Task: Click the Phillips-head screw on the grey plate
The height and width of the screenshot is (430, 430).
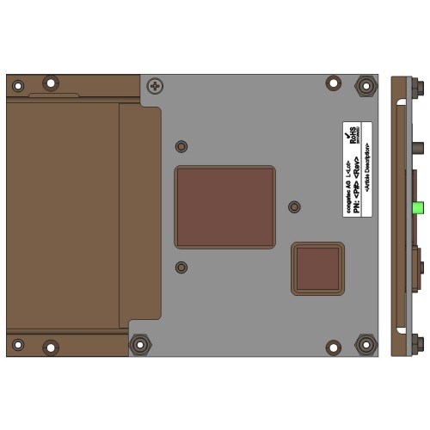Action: [155, 86]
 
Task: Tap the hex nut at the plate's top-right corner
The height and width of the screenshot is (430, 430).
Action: [365, 86]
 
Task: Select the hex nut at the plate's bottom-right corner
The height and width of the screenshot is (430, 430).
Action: [365, 346]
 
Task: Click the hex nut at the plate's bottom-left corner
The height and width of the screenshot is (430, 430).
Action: [138, 345]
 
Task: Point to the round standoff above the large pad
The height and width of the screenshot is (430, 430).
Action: [181, 146]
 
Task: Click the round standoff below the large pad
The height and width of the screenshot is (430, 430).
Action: [181, 267]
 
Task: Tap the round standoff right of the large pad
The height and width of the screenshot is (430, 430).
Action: [294, 207]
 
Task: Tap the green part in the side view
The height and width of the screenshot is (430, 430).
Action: [417, 207]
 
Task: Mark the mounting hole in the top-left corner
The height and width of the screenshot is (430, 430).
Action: [17, 84]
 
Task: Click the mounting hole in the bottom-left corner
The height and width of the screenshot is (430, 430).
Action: [17, 347]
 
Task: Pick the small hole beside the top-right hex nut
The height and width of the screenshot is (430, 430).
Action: [333, 83]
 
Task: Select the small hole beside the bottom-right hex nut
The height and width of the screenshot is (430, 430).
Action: [333, 347]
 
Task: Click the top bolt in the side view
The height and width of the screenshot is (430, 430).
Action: [419, 87]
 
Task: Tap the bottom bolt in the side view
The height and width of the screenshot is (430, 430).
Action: [419, 344]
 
